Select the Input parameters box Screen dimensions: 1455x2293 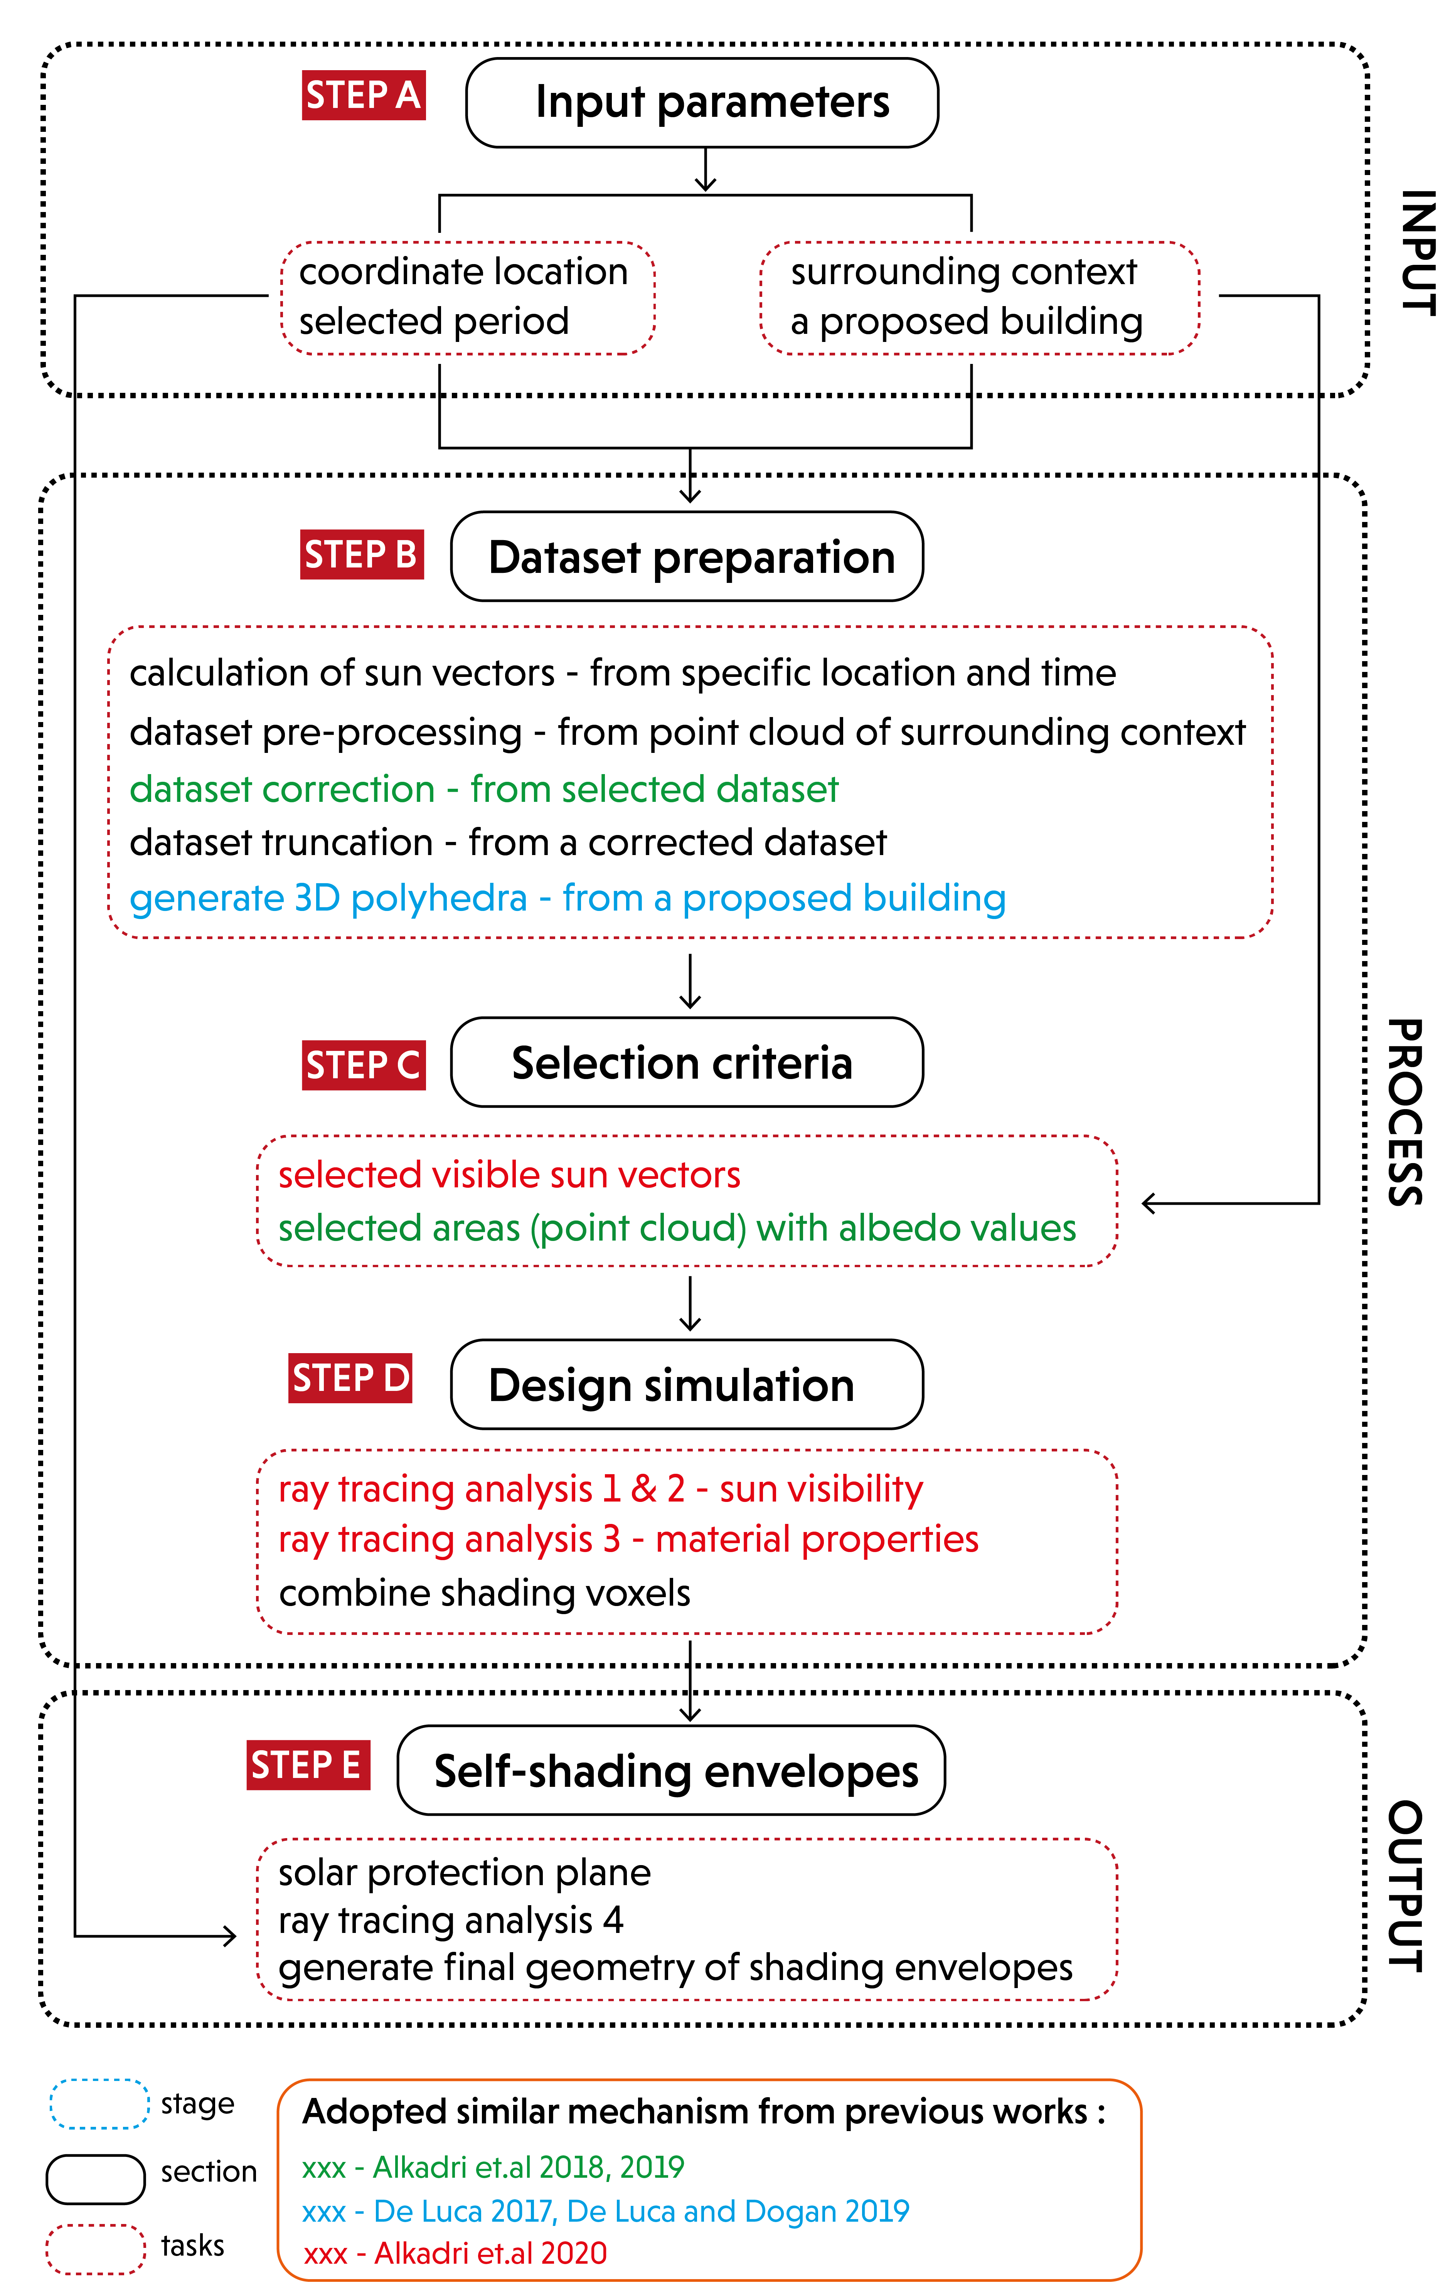[x=702, y=103]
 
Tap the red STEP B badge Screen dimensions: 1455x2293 [x=362, y=554]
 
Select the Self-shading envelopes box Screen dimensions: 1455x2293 [x=671, y=1770]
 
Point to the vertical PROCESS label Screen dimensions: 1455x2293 [x=1404, y=1112]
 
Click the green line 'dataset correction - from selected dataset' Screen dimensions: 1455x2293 [x=484, y=790]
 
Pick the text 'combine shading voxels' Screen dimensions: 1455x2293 [x=485, y=1593]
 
